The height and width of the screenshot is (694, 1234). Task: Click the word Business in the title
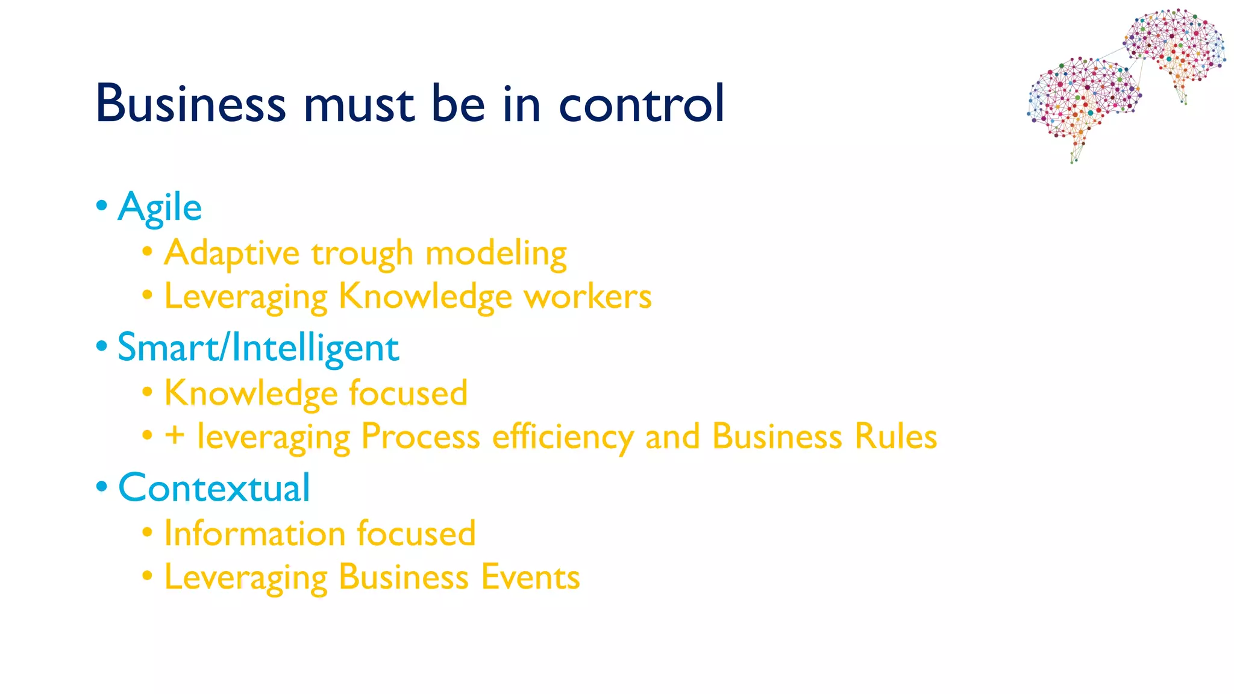coord(190,103)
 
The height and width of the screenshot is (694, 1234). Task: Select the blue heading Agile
coord(160,207)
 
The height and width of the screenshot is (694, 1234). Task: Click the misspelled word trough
coord(362,254)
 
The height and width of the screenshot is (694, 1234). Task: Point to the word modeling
coord(496,254)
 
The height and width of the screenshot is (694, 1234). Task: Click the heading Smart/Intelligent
coord(258,348)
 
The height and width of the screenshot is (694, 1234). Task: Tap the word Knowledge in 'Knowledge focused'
coord(251,393)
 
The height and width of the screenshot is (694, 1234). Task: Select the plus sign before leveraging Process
coord(175,436)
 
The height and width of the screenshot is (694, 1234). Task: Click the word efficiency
coord(562,437)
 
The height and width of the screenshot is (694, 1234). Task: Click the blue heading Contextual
coord(214,487)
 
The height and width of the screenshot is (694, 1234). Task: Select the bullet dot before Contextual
coord(102,487)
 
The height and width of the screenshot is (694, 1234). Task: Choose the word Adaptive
coord(232,254)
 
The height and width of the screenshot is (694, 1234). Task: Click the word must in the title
coord(359,103)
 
